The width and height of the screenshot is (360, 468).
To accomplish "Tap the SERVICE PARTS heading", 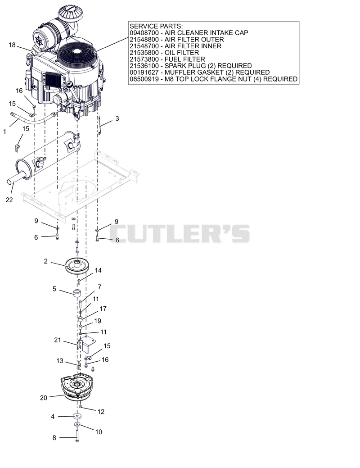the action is coord(156,26).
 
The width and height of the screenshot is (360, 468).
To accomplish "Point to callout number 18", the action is coord(12,45).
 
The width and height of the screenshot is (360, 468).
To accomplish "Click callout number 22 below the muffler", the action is coord(9,200).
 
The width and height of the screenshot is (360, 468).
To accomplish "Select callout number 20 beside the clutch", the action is coord(44,398).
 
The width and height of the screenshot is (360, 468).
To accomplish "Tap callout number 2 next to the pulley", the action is coord(45,261).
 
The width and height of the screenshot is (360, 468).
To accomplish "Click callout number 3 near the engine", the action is coord(117,118).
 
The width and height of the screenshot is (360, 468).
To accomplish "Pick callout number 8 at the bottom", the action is coord(54,437).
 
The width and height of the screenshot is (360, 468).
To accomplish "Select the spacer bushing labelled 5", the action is coord(77,293).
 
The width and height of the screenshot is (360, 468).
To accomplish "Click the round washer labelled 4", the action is coord(77,416).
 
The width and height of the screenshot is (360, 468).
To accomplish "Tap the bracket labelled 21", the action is coord(85,345).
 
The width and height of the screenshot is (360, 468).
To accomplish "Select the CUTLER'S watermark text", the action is coord(180,234).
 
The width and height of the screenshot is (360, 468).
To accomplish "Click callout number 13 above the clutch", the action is coord(60,361).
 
